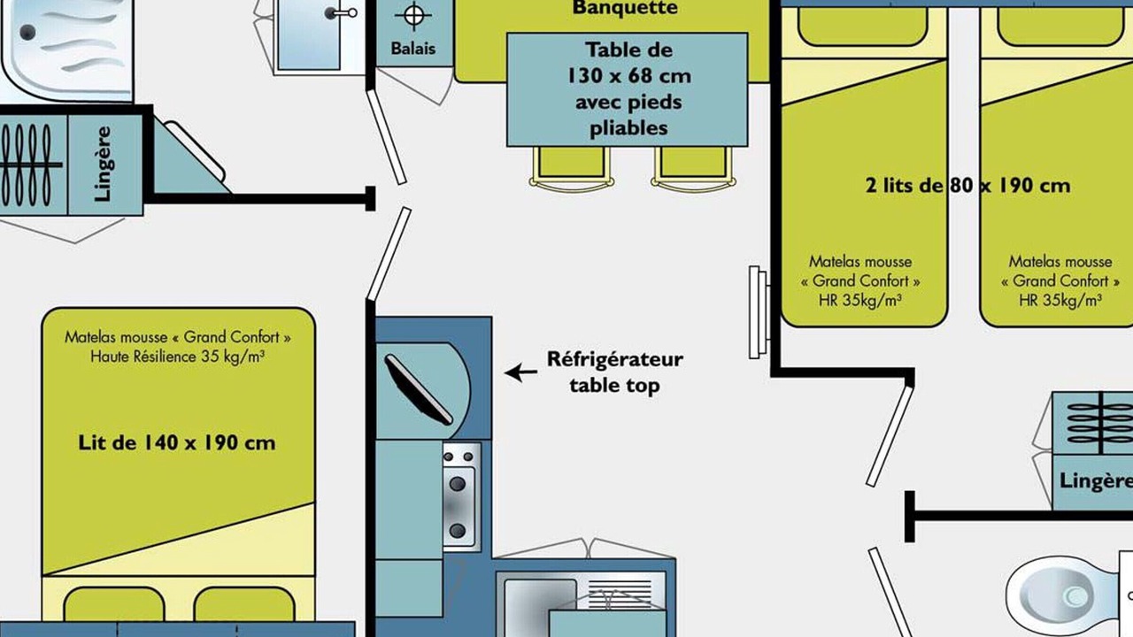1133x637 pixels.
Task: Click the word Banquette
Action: click(625, 8)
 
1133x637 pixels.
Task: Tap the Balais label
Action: click(413, 49)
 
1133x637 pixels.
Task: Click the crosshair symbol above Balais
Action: click(413, 15)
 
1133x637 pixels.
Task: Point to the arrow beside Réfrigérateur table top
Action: click(521, 373)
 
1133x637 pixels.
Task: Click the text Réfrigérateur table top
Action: click(615, 372)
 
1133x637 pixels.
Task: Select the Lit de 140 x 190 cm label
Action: click(176, 443)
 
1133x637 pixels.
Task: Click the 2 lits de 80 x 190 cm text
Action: click(967, 186)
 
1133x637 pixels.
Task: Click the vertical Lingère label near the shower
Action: click(103, 164)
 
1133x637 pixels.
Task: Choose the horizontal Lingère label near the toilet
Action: click(1096, 480)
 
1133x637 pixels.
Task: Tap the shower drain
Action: click(27, 33)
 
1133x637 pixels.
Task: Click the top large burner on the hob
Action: click(458, 484)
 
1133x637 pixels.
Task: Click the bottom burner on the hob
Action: click(458, 531)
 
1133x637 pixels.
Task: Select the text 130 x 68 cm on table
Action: click(629, 76)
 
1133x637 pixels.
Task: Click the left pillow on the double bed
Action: click(114, 603)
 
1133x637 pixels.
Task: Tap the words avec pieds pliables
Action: click(628, 115)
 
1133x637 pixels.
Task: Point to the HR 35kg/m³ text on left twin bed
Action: click(859, 301)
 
